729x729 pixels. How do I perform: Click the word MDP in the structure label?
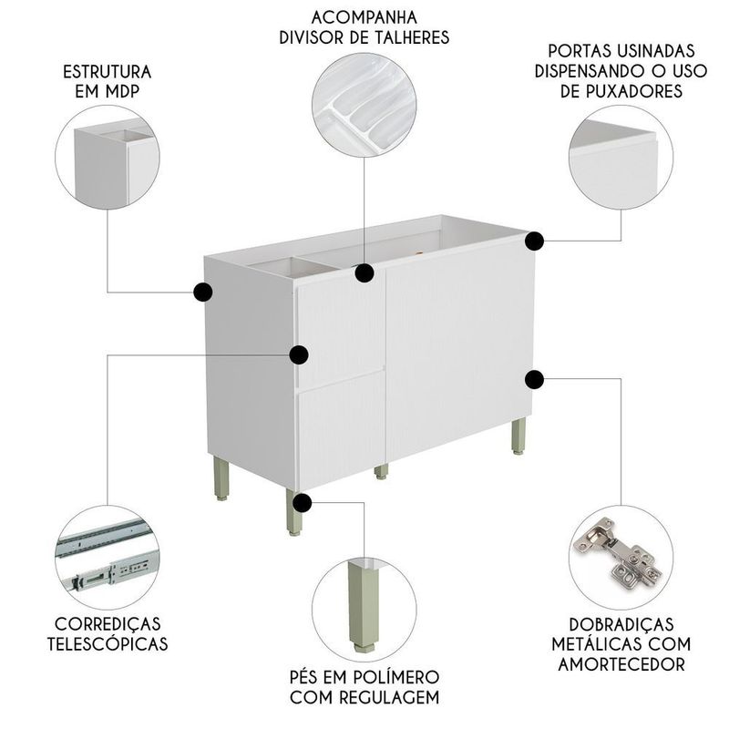(x=123, y=92)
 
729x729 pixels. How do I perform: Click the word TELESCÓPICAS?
(x=108, y=644)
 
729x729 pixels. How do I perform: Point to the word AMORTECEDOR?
(x=621, y=664)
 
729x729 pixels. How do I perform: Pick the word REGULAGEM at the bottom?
(x=390, y=697)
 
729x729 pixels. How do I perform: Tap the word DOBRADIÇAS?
(x=621, y=624)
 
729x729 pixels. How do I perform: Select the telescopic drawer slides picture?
(x=108, y=557)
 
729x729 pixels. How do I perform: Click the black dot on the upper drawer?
(x=299, y=354)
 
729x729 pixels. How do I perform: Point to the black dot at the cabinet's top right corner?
(x=535, y=241)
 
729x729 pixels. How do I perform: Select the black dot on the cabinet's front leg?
(x=303, y=503)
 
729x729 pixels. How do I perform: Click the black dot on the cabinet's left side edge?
(x=203, y=292)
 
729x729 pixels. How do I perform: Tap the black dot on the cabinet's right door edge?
(x=535, y=379)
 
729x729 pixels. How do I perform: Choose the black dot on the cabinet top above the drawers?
(x=364, y=272)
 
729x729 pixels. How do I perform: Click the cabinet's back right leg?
(x=519, y=436)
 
